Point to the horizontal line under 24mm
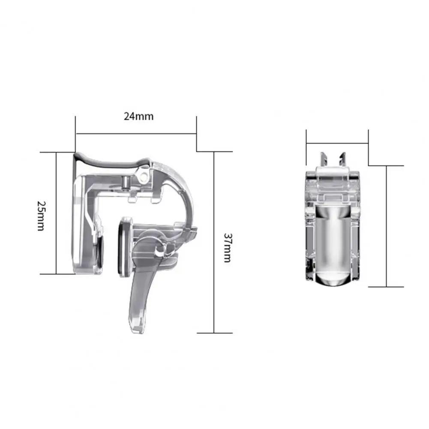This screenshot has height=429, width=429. pos(136,133)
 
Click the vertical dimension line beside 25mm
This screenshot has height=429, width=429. pos(56,213)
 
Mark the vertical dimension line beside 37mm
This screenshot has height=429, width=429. pos(213,242)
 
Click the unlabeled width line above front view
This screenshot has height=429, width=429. pos(337,143)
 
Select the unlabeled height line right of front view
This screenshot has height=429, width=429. pos(387,226)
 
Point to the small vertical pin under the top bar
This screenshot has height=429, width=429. pos(125,183)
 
